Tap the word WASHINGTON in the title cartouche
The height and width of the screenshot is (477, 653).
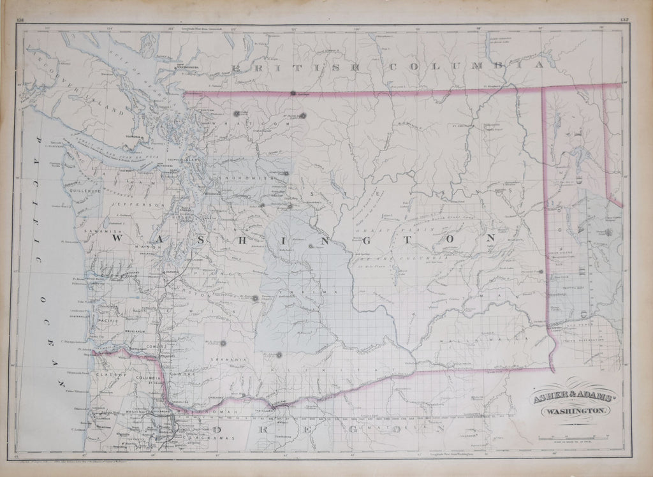570,413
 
